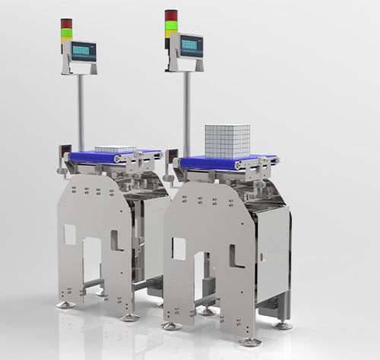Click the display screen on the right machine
pos(187,46)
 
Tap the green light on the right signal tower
pos(172,24)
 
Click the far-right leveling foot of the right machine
pos(283,325)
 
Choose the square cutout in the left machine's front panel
pos(70,235)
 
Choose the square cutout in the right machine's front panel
pos(179,248)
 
